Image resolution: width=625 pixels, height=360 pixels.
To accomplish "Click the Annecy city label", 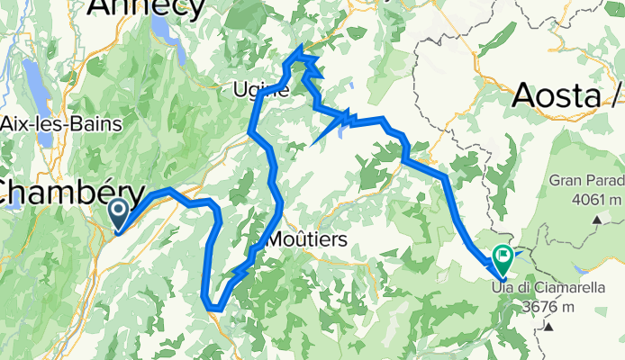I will tap(145, 7).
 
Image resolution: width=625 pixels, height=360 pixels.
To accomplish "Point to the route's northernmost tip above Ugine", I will tap(299, 47).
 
